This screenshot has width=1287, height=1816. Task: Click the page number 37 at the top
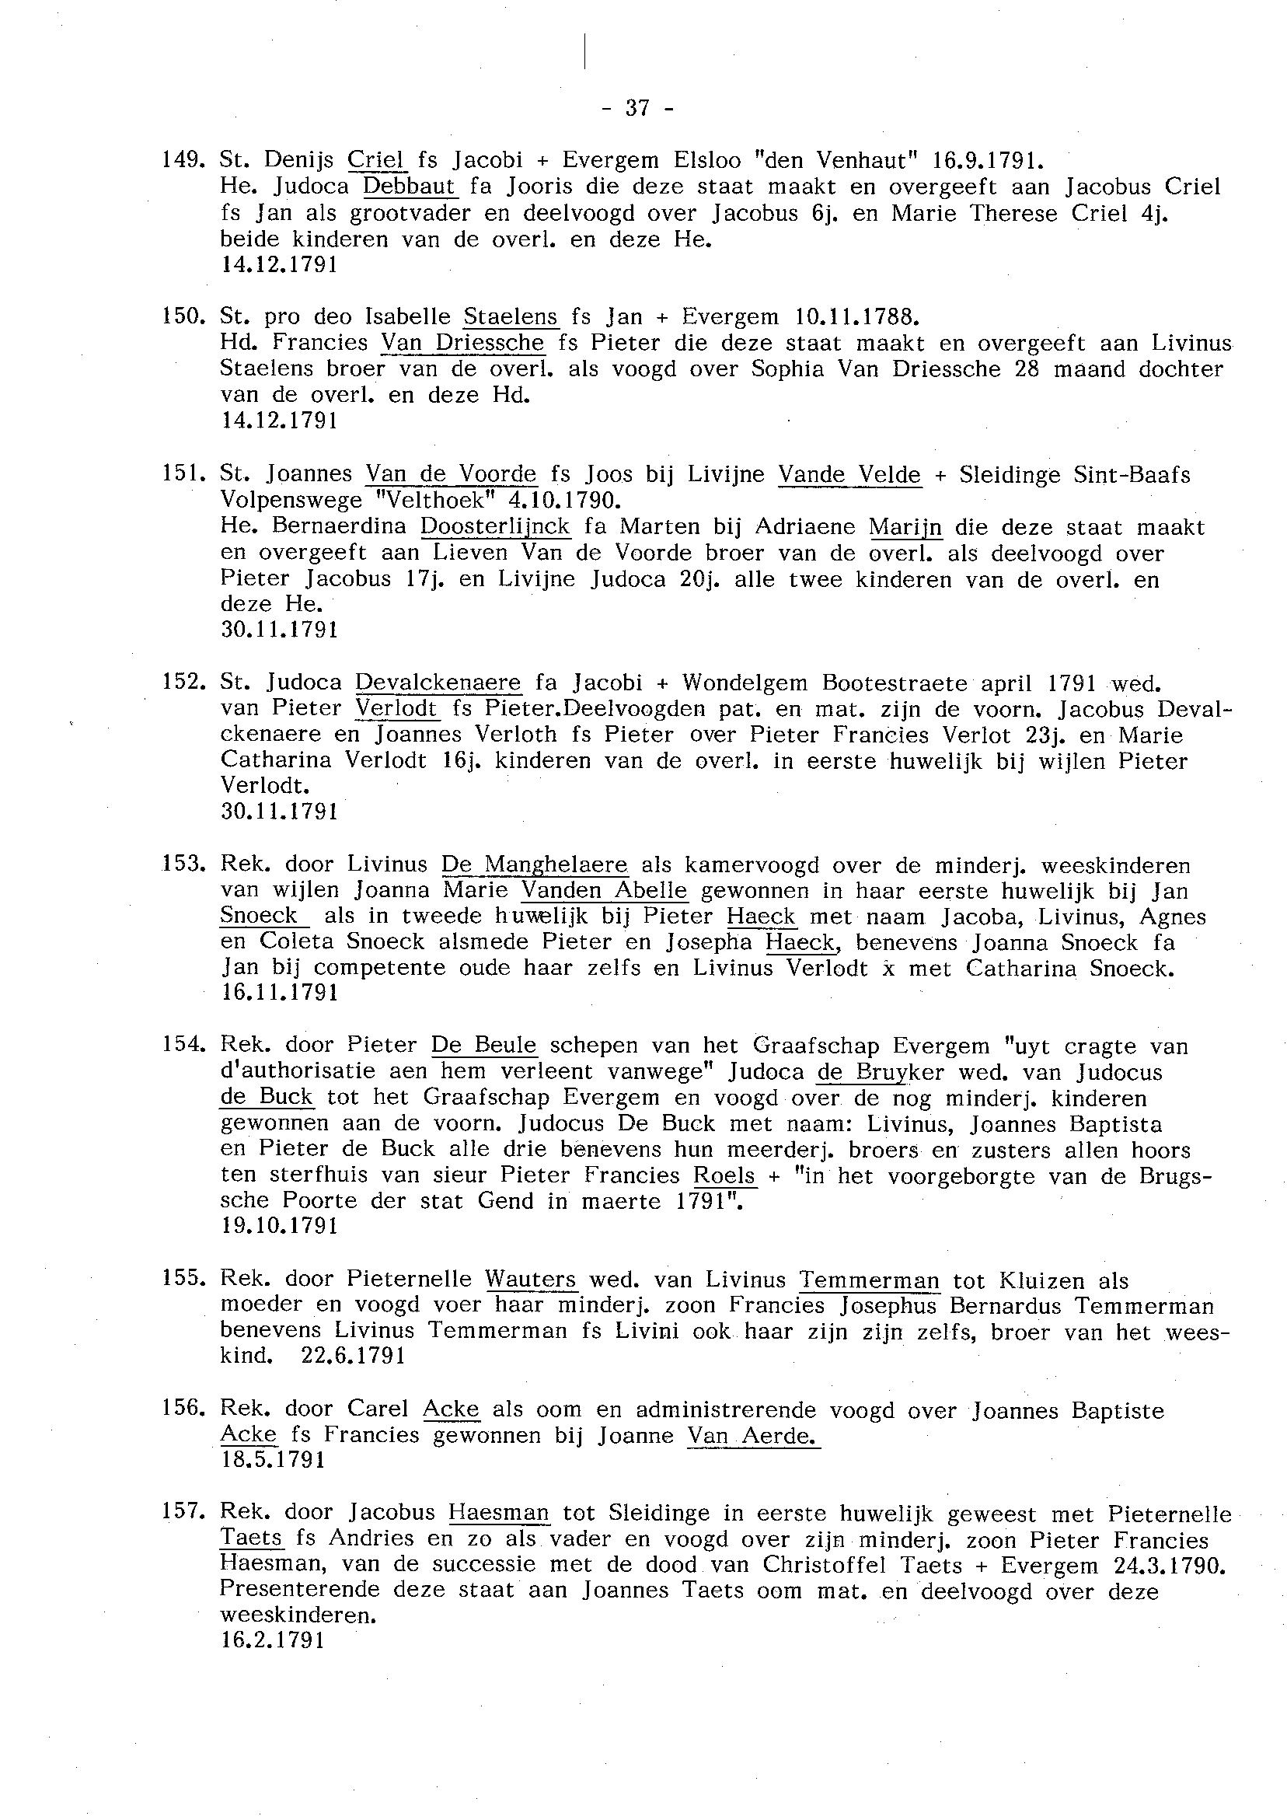tap(637, 109)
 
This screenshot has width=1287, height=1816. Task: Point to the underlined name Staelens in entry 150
tap(511, 317)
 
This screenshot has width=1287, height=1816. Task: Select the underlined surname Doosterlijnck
tap(494, 526)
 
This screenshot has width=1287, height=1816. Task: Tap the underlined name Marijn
tap(905, 526)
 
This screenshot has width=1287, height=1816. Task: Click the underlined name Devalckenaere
tap(438, 683)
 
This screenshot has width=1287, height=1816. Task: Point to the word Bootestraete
tap(895, 683)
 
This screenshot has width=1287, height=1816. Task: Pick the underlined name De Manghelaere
tap(534, 864)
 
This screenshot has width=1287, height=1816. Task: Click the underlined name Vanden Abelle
tap(605, 890)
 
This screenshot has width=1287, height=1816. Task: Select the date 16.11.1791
tap(280, 994)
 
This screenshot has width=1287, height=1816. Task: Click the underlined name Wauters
tap(531, 1280)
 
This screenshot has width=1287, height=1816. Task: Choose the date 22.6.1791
tap(354, 1356)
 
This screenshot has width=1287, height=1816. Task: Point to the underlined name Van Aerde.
tap(753, 1435)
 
